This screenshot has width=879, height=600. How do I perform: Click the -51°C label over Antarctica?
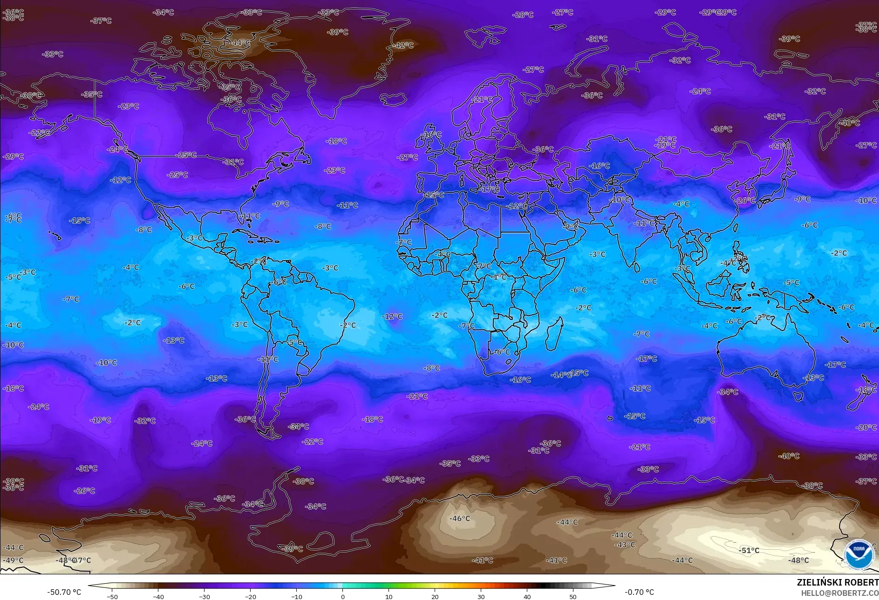749,550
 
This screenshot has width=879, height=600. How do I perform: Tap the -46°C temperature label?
459,518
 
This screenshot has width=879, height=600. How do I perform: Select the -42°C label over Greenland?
403,45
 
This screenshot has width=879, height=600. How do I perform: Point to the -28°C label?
523,15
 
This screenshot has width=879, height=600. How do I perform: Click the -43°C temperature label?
625,545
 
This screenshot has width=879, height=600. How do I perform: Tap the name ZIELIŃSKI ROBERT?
837,582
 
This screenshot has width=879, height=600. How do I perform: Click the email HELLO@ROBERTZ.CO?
839,593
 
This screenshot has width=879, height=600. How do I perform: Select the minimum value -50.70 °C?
64,592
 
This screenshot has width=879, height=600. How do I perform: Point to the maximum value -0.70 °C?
639,592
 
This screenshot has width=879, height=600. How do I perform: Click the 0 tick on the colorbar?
342,596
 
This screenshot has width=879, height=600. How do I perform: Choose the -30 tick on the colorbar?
204,596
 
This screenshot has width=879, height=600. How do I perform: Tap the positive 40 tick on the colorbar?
527,596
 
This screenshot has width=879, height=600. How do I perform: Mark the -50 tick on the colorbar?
112,596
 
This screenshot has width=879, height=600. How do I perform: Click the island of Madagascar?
553,333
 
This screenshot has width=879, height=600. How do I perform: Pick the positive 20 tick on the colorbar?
435,596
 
